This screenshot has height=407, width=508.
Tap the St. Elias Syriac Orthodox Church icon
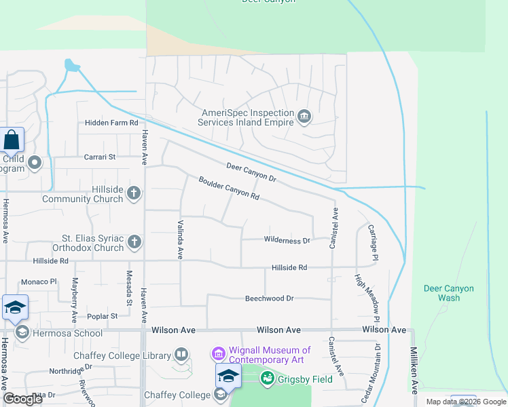click(134, 241)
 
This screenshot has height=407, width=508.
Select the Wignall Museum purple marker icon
click(218, 353)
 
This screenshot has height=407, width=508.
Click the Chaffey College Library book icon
click(181, 353)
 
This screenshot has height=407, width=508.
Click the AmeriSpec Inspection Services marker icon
click(304, 117)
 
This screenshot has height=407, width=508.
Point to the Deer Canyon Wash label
click(449, 293)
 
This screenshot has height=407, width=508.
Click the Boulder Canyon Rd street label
click(229, 189)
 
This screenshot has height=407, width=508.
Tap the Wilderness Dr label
click(286, 240)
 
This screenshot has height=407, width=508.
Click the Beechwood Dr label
click(269, 298)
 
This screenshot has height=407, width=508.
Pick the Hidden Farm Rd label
click(111, 123)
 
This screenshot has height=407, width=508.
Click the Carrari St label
click(101, 157)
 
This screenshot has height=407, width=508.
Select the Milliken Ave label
click(414, 370)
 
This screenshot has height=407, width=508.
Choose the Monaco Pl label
click(39, 282)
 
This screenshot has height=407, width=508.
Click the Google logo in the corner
click(22, 399)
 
